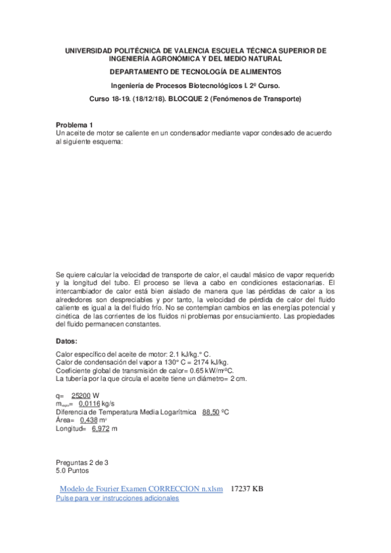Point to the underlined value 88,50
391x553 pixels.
point(211,412)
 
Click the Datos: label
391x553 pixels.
point(67,341)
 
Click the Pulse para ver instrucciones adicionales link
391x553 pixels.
point(117,498)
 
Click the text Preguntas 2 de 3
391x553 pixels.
point(82,462)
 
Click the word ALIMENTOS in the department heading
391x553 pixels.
point(253,71)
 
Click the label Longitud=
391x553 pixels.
point(71,429)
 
